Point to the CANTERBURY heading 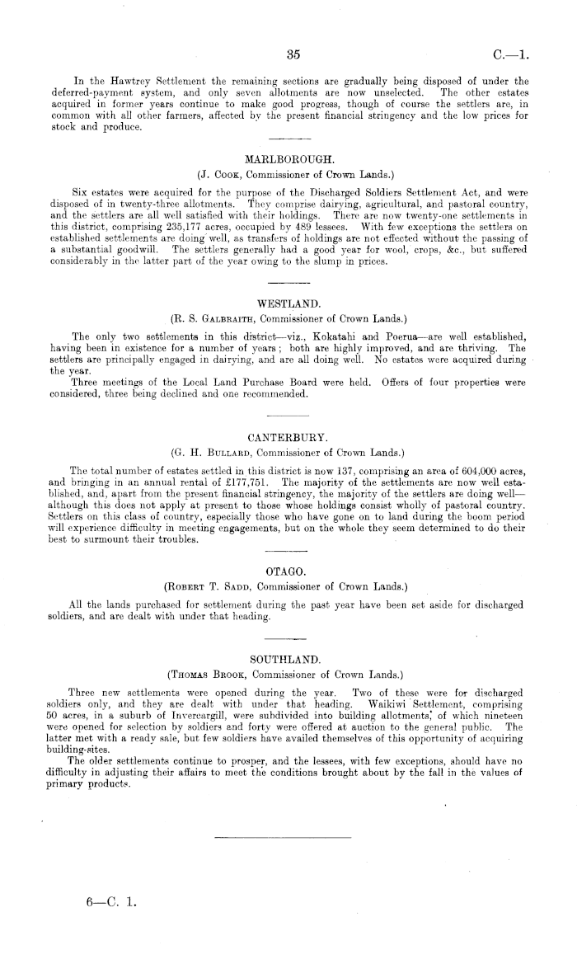point(288,436)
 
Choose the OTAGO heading point(288,547)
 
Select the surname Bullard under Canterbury point(228,453)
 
